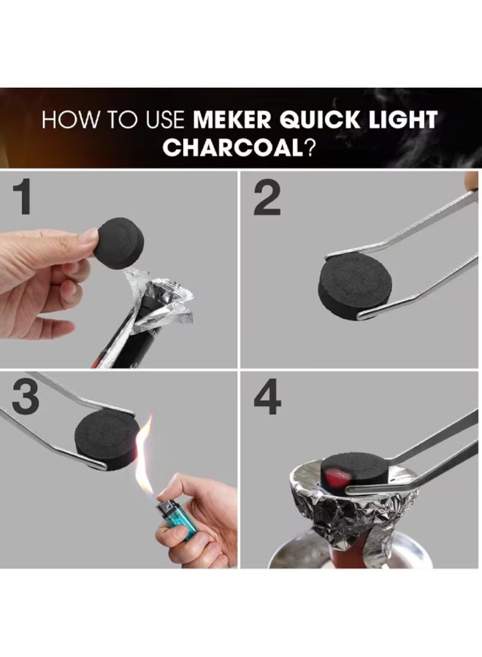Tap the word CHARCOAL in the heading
(x=232, y=147)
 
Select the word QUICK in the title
(x=319, y=120)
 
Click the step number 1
(x=23, y=198)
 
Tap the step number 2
(x=267, y=199)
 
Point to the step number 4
(x=267, y=398)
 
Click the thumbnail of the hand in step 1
(x=88, y=239)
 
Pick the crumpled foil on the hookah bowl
(x=353, y=509)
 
